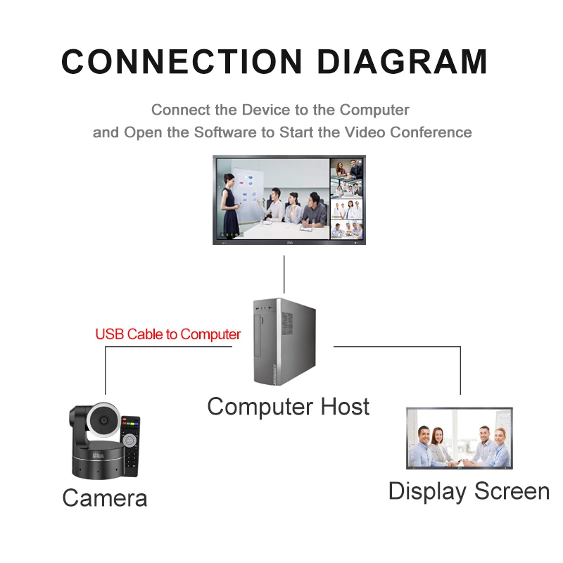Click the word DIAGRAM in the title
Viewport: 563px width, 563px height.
(402, 61)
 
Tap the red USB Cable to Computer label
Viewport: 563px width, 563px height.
(168, 334)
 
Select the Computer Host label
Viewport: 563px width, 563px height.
(288, 406)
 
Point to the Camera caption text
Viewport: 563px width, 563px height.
(105, 498)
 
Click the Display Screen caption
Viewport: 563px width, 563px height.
(469, 491)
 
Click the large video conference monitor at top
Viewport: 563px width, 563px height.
(289, 200)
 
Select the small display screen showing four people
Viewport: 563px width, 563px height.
(460, 438)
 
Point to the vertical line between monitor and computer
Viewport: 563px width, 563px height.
(284, 274)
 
